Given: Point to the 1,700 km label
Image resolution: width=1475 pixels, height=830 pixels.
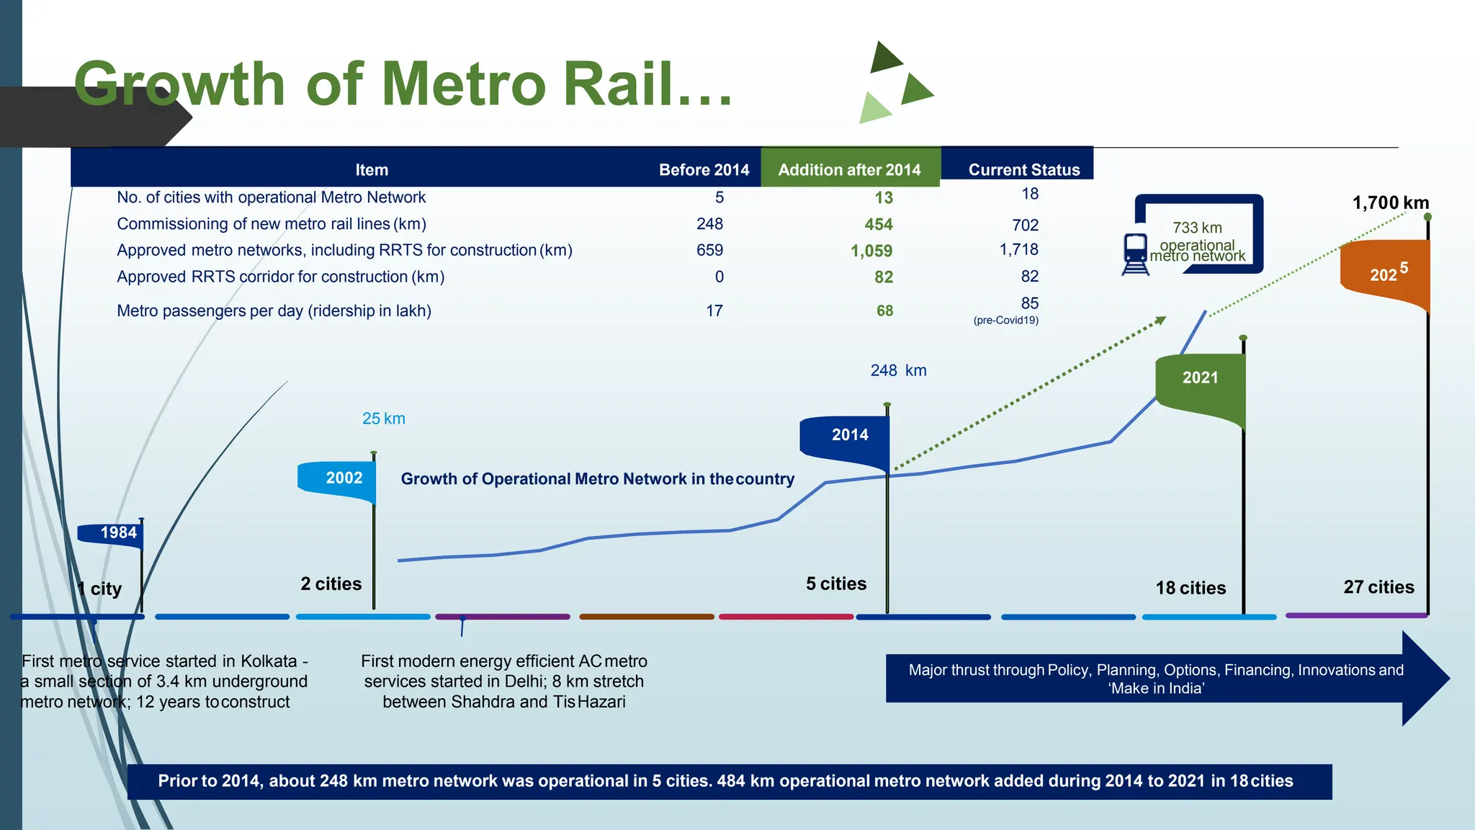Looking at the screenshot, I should [1390, 203].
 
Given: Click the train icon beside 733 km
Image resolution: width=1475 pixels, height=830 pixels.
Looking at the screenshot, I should [1136, 254].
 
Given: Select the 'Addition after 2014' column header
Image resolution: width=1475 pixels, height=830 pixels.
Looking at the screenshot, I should [849, 170].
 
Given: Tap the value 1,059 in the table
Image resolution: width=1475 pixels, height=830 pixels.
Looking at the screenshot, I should [871, 251].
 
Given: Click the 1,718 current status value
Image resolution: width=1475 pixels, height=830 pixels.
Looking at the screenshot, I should [1018, 250].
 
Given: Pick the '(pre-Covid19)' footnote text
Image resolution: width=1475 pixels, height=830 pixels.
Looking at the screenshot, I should [1005, 321].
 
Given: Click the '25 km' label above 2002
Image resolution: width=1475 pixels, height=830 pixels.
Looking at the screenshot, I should [383, 419].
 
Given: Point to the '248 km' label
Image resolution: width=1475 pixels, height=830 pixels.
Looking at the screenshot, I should [898, 370].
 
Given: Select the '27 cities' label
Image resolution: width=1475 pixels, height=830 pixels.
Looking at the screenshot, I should [1378, 587].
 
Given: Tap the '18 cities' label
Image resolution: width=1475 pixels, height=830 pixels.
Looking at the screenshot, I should [1191, 588].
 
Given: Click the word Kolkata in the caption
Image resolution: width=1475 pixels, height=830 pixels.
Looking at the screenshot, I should [269, 661].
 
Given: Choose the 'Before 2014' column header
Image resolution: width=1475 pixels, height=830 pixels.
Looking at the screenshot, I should [704, 170].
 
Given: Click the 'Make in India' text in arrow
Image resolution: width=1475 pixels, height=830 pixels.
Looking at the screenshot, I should [1156, 689].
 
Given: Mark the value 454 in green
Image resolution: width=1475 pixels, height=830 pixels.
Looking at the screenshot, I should [878, 225].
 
